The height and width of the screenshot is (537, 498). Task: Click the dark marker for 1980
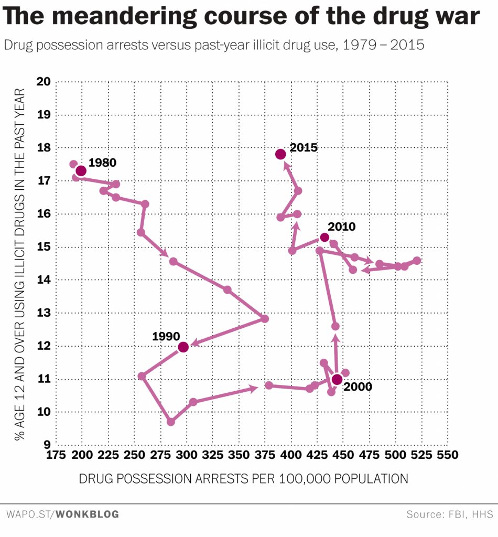point(81,171)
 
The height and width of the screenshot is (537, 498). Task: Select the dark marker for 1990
point(183,347)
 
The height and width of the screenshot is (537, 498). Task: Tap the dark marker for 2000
point(337,380)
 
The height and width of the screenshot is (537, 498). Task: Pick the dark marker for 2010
point(324,238)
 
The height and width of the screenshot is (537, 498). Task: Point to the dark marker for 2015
point(280,154)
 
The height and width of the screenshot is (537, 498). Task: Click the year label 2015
point(304,147)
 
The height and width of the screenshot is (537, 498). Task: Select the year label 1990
point(166,336)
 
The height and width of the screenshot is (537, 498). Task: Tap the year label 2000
point(358,387)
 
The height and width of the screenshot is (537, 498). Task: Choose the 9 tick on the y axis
point(46,445)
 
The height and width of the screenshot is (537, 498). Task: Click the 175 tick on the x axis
point(56,455)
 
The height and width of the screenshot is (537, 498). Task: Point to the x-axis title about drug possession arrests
point(243,479)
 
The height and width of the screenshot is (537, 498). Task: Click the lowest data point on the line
point(171,422)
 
